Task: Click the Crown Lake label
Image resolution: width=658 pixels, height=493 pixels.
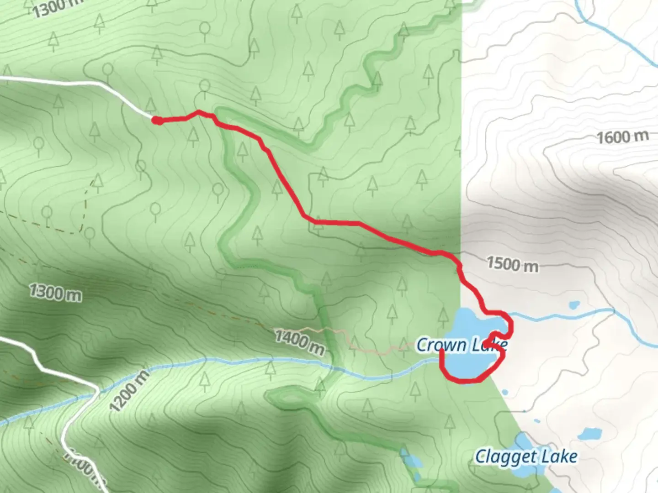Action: (462, 345)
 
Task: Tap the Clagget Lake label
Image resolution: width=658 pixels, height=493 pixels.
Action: (526, 456)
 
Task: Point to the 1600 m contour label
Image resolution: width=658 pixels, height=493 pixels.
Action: (623, 136)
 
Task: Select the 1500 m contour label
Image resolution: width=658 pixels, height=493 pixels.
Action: (512, 264)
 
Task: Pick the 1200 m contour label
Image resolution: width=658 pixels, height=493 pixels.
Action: (129, 390)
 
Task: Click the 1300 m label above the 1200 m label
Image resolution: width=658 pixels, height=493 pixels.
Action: (55, 292)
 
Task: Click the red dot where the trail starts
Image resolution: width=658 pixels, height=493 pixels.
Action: (156, 121)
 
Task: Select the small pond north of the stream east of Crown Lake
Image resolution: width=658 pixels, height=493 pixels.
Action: (574, 304)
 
